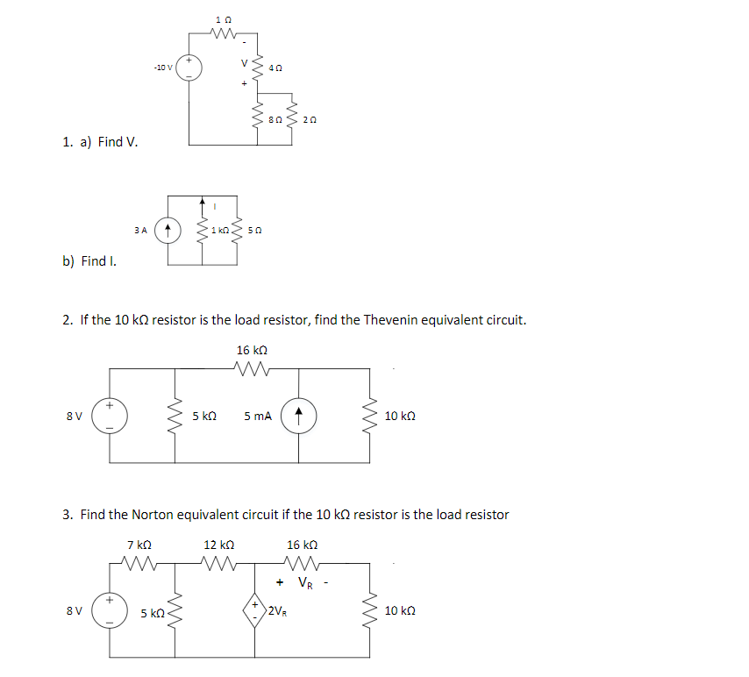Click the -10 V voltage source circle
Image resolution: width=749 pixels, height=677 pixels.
[189, 67]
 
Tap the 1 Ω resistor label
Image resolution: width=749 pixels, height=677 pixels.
[224, 19]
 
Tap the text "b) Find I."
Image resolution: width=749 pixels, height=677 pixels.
[90, 260]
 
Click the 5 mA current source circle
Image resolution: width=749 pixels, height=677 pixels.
[298, 417]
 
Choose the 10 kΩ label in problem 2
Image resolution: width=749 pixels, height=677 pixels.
[400, 417]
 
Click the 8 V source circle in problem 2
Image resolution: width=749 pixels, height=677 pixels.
[111, 417]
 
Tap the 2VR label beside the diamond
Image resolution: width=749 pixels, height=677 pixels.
[279, 611]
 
